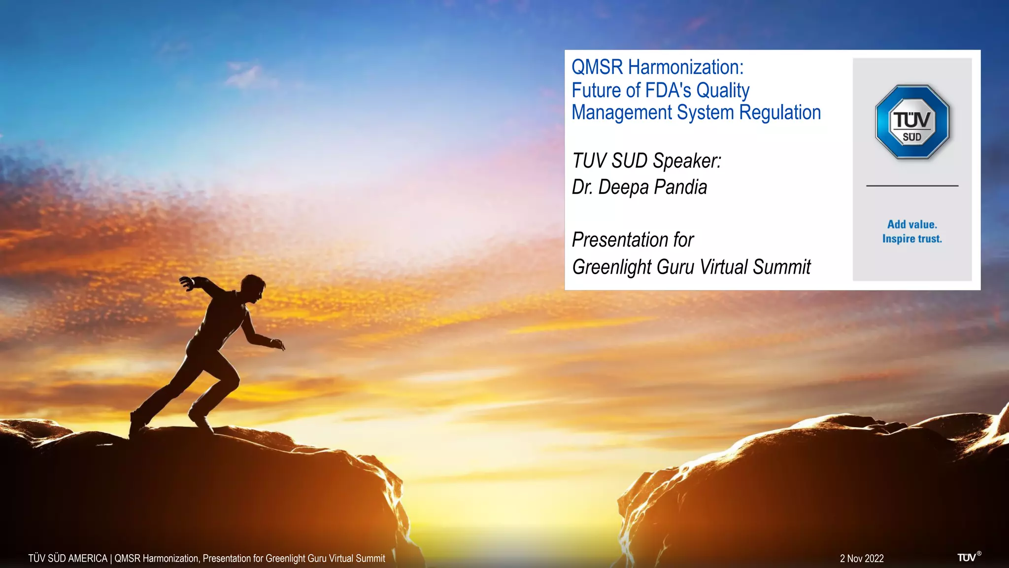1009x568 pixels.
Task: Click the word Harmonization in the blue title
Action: [x=685, y=68]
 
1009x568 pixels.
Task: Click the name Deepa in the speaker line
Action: [x=623, y=187]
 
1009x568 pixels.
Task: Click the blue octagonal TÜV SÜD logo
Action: [x=912, y=122]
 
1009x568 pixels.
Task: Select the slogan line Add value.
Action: [x=912, y=224]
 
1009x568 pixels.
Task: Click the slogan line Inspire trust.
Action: [x=912, y=239]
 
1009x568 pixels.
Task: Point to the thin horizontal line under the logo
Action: [x=912, y=186]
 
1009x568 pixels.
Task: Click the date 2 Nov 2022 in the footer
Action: [x=862, y=559]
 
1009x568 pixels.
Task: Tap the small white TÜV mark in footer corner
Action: [x=967, y=558]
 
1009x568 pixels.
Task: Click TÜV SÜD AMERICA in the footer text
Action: [x=67, y=559]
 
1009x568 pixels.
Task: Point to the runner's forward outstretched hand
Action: [x=278, y=344]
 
